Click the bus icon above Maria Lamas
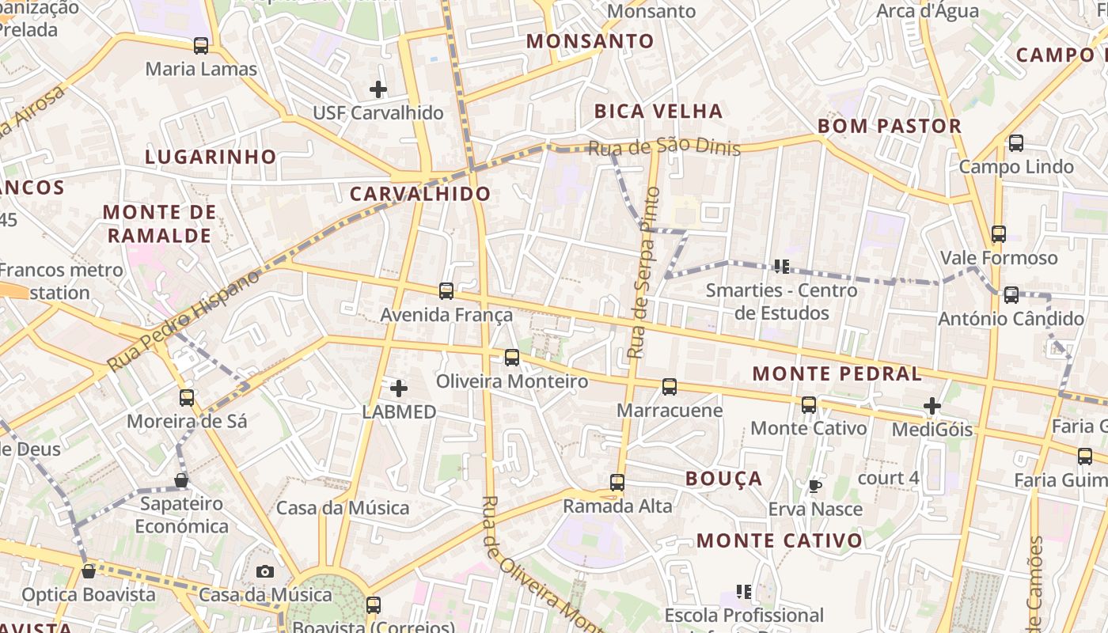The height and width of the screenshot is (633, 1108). (x=201, y=46)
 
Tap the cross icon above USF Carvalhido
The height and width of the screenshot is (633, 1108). (x=378, y=89)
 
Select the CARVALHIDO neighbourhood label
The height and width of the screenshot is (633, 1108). (x=420, y=194)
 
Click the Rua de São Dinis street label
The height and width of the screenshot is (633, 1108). (x=664, y=147)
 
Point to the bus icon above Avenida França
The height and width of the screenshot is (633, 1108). (x=446, y=291)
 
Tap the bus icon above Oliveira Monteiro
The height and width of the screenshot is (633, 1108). (x=512, y=358)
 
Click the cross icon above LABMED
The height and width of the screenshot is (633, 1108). (x=399, y=389)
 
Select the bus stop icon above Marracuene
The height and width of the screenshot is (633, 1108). (x=670, y=387)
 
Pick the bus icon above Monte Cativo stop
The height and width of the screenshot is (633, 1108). (x=809, y=405)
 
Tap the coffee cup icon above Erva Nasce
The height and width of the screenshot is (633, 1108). (x=815, y=486)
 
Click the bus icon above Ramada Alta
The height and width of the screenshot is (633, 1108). (x=617, y=482)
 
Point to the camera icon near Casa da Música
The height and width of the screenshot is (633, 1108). (x=265, y=571)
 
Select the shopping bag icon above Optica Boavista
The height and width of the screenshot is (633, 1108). (x=89, y=571)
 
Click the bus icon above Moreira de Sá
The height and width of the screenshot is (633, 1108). (x=187, y=398)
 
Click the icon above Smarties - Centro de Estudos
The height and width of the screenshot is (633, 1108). (x=782, y=267)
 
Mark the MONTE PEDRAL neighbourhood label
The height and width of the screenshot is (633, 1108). (x=837, y=374)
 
